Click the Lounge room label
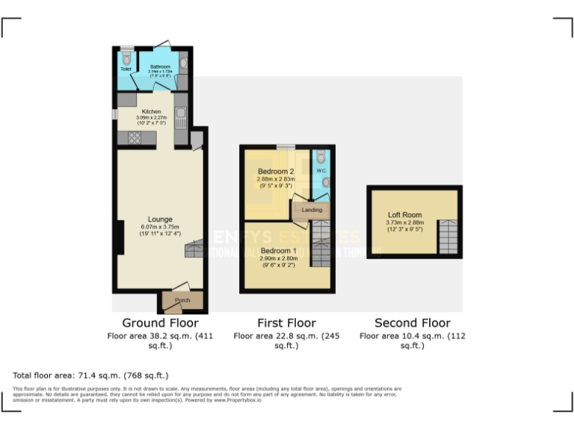[x=160, y=219]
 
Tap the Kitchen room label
[x=151, y=111]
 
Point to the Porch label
[x=182, y=300]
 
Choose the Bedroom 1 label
[x=278, y=251]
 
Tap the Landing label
[x=312, y=210]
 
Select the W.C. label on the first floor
[x=321, y=171]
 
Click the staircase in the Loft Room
[x=447, y=237]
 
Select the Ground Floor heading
[x=160, y=323]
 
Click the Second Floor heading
[x=413, y=323]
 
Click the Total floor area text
[x=90, y=375]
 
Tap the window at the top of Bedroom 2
[x=285, y=147]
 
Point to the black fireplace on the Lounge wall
[x=120, y=238]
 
